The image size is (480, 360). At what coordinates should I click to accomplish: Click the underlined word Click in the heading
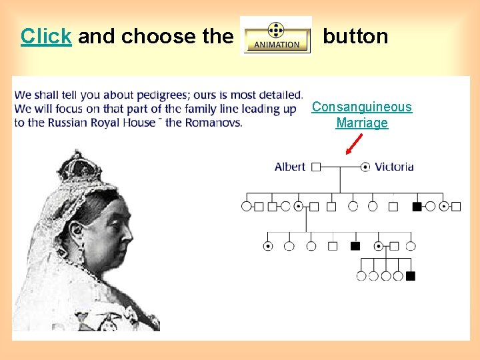46,36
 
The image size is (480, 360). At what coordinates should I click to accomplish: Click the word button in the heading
355,36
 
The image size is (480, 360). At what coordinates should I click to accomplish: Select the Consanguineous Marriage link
362,115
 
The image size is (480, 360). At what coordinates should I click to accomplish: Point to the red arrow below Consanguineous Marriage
353,143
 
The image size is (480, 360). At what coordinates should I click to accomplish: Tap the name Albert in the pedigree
290,167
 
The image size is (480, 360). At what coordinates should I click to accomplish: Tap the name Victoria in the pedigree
394,167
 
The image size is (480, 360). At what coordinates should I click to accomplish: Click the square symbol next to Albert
316,167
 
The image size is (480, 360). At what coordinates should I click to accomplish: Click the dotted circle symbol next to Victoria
365,167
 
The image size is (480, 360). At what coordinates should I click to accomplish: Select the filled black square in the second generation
417,207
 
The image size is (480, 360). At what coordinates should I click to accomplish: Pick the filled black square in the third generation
355,246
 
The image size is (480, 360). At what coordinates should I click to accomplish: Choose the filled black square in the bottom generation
411,276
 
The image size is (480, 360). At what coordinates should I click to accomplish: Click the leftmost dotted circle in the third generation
268,246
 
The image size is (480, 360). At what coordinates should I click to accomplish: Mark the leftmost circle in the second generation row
246,207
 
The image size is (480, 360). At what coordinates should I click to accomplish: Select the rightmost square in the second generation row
456,207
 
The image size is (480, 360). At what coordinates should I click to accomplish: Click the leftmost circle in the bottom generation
361,276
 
